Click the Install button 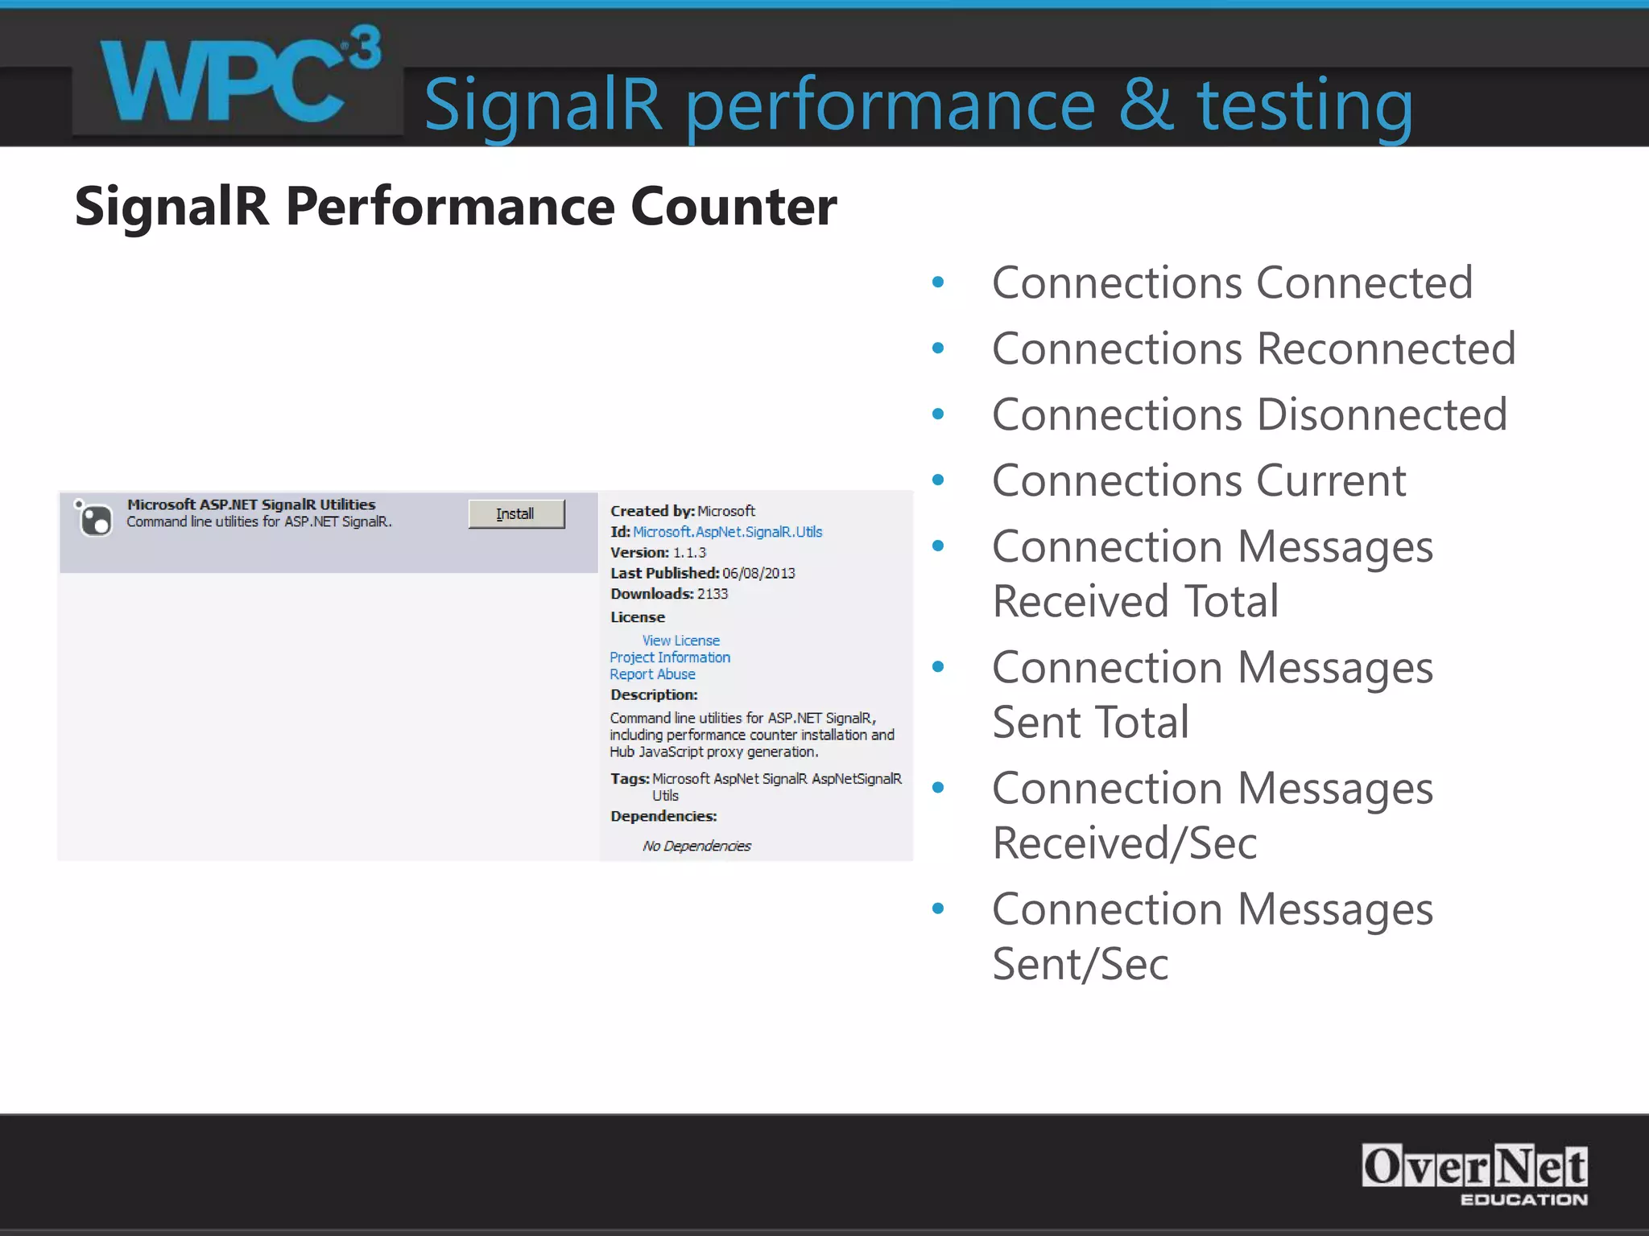(x=516, y=513)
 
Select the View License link (x=680, y=641)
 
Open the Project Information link (x=670, y=657)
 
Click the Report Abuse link (x=652, y=674)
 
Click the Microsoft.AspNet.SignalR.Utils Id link (x=727, y=532)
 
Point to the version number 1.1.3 (x=689, y=553)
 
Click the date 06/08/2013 (x=758, y=574)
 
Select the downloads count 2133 (x=712, y=594)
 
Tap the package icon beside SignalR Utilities (x=94, y=518)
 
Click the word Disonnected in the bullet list (x=1382, y=415)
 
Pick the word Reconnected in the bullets (x=1386, y=349)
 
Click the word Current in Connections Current (x=1331, y=481)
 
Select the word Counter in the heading (x=734, y=207)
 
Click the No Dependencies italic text (x=696, y=846)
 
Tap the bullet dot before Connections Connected (x=937, y=282)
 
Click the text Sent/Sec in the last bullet (x=1080, y=964)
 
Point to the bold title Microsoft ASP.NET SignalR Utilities (x=251, y=505)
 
